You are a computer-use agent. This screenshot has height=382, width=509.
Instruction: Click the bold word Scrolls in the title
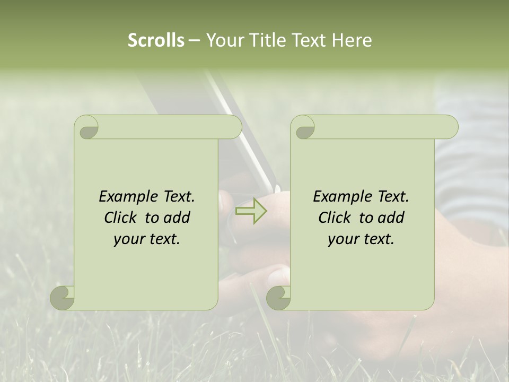click(156, 40)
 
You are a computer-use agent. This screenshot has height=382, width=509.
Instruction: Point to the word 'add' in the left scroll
click(177, 218)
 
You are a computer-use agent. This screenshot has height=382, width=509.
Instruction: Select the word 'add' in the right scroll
click(391, 218)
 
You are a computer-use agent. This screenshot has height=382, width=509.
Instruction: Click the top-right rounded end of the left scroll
click(233, 127)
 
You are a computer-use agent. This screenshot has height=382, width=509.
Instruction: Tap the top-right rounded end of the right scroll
click(450, 127)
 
